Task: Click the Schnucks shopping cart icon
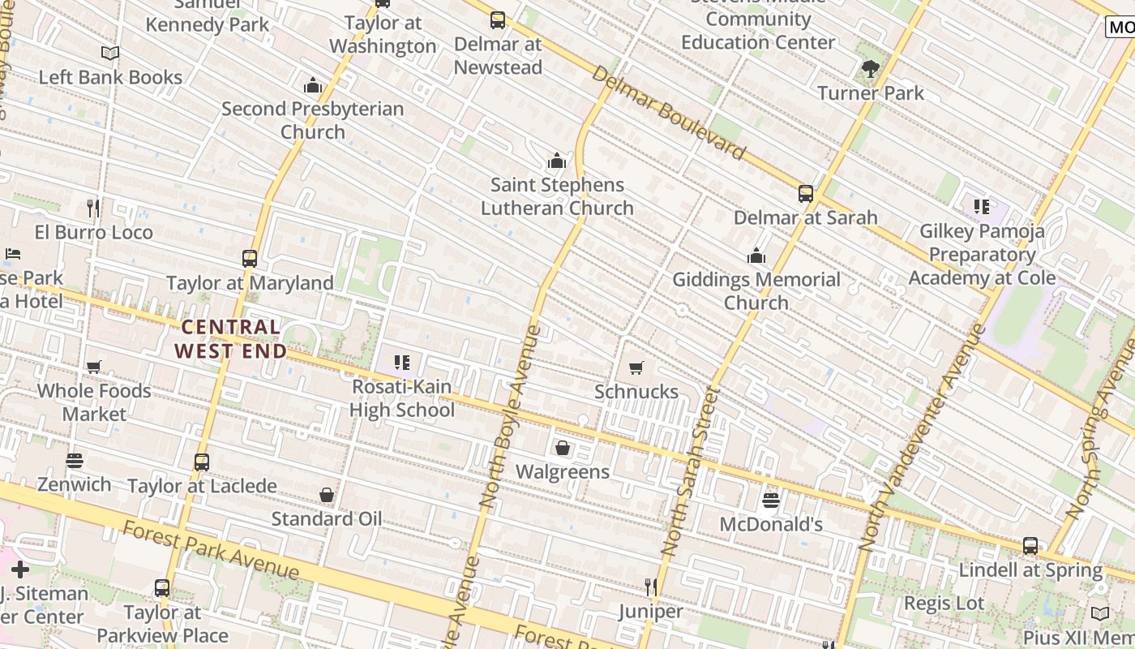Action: [x=636, y=368]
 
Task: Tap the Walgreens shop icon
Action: [x=562, y=448]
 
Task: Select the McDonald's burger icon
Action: [x=770, y=501]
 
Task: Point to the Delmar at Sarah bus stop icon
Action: [x=805, y=194]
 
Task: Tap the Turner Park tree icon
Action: [x=871, y=69]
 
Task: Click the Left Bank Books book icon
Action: [x=110, y=54]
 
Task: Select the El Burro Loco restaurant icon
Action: [x=93, y=208]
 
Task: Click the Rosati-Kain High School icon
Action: [x=402, y=363]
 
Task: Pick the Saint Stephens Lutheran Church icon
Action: [x=556, y=161]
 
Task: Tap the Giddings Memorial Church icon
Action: [x=756, y=256]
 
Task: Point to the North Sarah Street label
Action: [x=691, y=471]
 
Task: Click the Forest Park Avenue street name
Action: [x=211, y=551]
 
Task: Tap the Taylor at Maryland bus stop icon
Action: [x=250, y=259]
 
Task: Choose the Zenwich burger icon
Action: [x=75, y=461]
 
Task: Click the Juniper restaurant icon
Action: [x=650, y=587]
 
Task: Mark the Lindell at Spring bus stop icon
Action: [x=1030, y=546]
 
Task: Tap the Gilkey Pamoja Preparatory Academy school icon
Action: [x=982, y=207]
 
